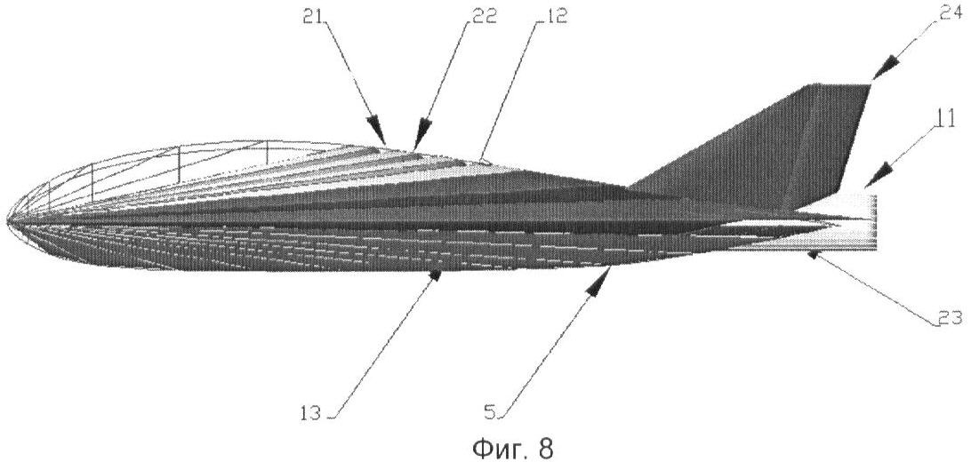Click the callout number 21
(313, 17)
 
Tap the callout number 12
(555, 17)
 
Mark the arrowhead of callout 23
(816, 255)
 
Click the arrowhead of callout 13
(436, 275)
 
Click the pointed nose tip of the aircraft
(7, 219)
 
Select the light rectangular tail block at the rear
(848, 223)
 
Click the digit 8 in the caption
(544, 448)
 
